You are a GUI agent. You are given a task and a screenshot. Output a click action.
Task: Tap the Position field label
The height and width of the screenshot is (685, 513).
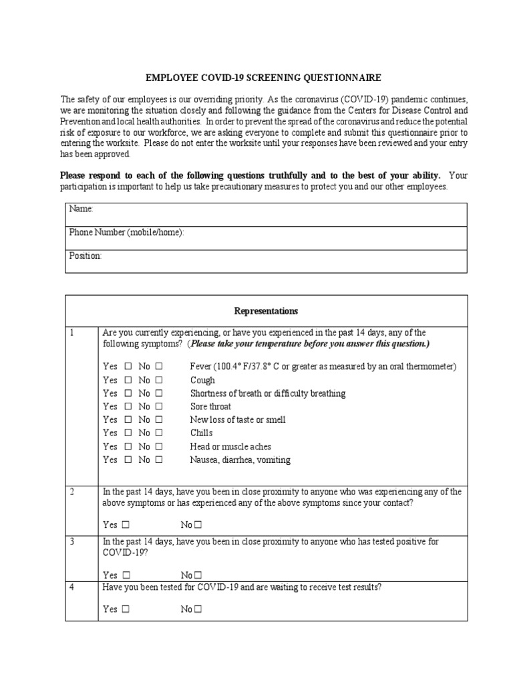[x=85, y=256]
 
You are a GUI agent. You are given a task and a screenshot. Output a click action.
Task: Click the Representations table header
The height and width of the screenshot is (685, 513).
[x=266, y=311]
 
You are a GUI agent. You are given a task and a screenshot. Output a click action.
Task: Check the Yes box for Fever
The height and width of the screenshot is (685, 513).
[x=128, y=367]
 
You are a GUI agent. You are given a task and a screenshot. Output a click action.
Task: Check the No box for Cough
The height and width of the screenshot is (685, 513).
[x=159, y=380]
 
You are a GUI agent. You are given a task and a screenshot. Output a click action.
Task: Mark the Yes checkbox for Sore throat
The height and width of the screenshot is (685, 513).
[x=128, y=407]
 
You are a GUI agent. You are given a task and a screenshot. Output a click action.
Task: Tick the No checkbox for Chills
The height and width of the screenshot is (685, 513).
[x=159, y=433]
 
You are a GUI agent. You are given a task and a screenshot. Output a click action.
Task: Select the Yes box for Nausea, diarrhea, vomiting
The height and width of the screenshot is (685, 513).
[x=128, y=460]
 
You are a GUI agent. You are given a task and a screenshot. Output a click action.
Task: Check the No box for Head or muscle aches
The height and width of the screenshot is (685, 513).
[x=159, y=447]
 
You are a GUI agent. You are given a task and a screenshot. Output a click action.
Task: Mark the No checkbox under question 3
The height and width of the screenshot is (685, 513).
[x=198, y=575]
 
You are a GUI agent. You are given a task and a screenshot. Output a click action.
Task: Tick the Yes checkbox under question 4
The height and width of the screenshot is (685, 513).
[x=127, y=609]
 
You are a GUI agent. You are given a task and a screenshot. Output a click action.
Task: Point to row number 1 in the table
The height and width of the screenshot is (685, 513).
[x=72, y=332]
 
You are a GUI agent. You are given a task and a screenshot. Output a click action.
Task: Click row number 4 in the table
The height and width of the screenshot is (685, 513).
[x=72, y=587]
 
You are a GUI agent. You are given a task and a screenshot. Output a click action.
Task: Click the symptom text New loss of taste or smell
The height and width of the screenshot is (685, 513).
[x=238, y=420]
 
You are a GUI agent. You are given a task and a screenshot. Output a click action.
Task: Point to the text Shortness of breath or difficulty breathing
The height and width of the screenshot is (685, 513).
[x=268, y=393]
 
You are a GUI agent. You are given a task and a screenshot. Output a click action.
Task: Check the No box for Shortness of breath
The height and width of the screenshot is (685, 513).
[x=159, y=393]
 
